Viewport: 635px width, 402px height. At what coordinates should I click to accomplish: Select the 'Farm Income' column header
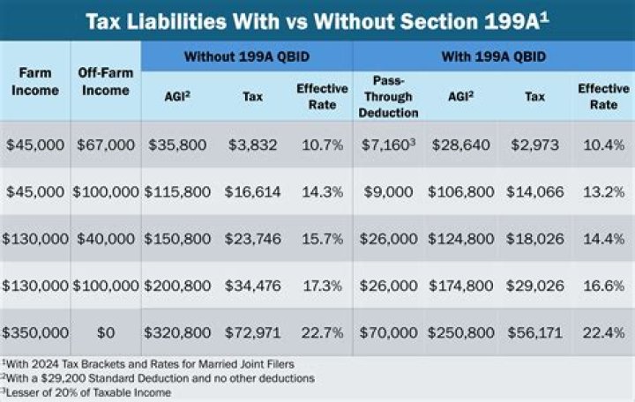(x=35, y=81)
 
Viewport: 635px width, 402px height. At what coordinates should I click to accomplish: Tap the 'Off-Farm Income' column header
(x=106, y=81)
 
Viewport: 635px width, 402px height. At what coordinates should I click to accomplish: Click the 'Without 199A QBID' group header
(x=246, y=56)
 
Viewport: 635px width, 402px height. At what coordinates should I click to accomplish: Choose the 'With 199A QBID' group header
(x=493, y=56)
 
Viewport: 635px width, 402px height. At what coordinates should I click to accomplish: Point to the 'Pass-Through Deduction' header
(x=389, y=97)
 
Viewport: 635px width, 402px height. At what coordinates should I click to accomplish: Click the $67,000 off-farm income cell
(x=106, y=144)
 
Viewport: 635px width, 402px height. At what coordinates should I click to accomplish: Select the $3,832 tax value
(x=252, y=144)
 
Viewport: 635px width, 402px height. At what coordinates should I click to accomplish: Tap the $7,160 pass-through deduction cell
(x=389, y=144)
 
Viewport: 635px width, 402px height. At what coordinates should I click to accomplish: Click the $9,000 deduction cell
(x=389, y=191)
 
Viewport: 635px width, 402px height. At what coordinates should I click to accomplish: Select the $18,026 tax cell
(x=534, y=238)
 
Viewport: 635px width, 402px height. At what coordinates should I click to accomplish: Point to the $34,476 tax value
(x=252, y=285)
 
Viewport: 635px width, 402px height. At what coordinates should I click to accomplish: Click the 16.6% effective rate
(x=603, y=285)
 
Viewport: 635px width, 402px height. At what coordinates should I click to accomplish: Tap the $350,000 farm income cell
(x=35, y=332)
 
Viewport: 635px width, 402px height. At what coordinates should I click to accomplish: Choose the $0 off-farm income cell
(x=106, y=332)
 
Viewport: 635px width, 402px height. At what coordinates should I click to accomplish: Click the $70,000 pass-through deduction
(x=389, y=332)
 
